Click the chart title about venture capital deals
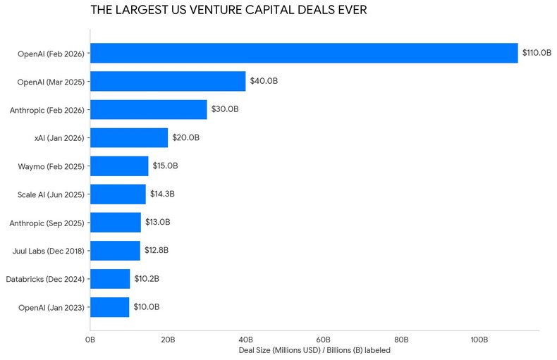point(228,11)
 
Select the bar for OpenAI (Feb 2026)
point(304,53)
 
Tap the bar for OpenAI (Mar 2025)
point(168,81)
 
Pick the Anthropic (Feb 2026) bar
point(149,109)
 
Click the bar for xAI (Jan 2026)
point(129,137)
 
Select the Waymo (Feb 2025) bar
point(119,166)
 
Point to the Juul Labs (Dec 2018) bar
point(115,250)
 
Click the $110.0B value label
point(537,53)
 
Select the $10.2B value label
point(147,278)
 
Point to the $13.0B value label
point(157,222)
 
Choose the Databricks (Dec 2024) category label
point(45,279)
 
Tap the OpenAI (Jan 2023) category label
point(51,307)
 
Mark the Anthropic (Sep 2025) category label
point(47,223)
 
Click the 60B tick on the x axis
point(324,340)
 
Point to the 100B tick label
point(479,340)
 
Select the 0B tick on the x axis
point(90,340)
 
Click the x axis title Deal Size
point(314,350)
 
